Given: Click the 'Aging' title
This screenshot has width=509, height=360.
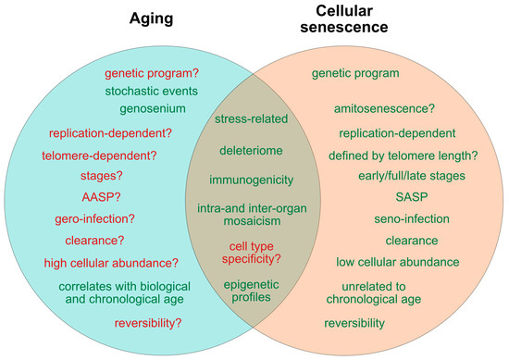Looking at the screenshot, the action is [x=151, y=19].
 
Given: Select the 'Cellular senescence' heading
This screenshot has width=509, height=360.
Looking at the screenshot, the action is [x=344, y=19].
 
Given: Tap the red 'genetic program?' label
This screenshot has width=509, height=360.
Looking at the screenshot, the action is [x=152, y=74].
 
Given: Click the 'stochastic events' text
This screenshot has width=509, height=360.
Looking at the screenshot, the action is [x=151, y=92].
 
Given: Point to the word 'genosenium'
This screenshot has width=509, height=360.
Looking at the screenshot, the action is [x=153, y=109].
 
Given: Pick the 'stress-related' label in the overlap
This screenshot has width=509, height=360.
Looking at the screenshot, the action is [x=251, y=118].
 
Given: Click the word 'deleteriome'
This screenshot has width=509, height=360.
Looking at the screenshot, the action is [x=251, y=151].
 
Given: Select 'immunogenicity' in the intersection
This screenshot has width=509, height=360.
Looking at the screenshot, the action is [x=251, y=180].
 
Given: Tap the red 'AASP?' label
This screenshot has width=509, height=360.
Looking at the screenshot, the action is [x=101, y=197].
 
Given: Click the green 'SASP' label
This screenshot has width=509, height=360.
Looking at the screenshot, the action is [x=412, y=197].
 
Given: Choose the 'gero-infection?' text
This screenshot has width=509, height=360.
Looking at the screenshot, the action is [x=94, y=219].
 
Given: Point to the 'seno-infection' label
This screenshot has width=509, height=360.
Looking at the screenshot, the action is [x=412, y=219].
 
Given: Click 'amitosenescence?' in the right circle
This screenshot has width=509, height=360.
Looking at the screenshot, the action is [x=384, y=108].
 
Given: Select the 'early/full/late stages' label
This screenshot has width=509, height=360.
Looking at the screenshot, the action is [x=412, y=176].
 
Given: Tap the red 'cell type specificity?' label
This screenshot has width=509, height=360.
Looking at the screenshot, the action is [x=251, y=253].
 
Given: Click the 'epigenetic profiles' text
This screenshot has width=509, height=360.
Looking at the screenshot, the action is [x=251, y=292].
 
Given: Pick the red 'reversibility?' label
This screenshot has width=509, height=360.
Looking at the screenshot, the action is [x=148, y=323].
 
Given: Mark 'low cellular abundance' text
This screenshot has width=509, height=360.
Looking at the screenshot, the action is [x=398, y=262].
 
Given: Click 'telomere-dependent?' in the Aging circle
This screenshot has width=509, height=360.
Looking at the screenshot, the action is [x=99, y=155].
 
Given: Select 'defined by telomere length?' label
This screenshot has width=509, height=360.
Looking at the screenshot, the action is [x=403, y=155].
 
